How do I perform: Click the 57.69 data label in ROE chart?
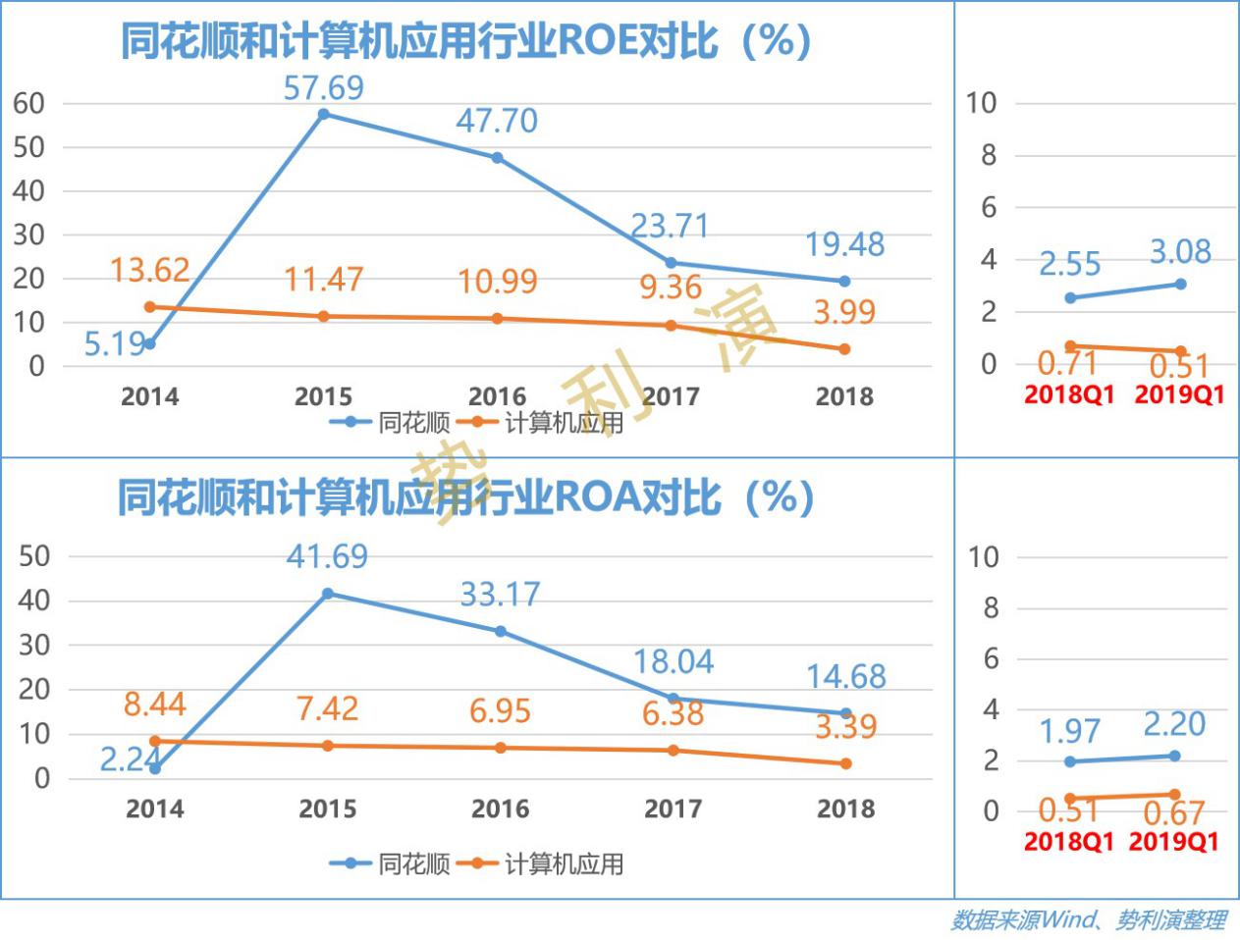point(323,88)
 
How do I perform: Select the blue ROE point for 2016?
point(497,158)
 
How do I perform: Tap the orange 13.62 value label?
point(149,270)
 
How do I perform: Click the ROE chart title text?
point(465,41)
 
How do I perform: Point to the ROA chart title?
point(465,498)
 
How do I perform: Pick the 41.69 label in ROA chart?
point(327,556)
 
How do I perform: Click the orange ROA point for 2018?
point(845,763)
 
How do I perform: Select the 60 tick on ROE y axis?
point(29,104)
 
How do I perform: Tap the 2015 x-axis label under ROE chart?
point(323,396)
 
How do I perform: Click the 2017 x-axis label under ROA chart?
point(673,809)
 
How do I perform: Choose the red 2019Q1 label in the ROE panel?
point(1179,394)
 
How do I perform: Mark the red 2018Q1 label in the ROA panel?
point(1069,842)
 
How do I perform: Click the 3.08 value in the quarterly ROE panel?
point(1180,252)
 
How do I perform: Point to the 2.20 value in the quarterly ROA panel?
point(1174,724)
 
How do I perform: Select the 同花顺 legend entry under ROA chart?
point(391,863)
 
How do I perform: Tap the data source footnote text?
point(1088,920)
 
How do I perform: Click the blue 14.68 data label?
point(845,676)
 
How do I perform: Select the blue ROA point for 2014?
point(155,768)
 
